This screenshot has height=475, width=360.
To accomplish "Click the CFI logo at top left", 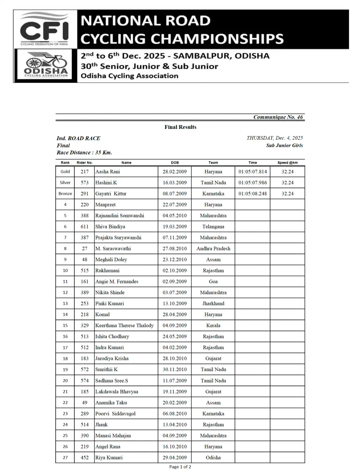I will coord(44,29).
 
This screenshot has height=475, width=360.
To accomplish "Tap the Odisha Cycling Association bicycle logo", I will coord(46,66).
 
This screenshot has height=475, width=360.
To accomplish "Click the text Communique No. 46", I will coord(278,117).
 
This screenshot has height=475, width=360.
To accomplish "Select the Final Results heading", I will coord(180,127).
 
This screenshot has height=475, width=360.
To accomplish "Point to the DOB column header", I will coord(175,162).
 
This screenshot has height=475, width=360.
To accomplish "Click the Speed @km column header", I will coord(287,162).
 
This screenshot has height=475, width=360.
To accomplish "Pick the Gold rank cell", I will coord(65,172).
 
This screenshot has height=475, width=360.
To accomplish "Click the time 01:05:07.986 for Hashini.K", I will coord(252,183).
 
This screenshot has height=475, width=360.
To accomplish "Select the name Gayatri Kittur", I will coord(111,193).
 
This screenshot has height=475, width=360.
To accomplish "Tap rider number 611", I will coord(85,226).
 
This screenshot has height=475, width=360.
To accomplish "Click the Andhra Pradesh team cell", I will coord(213,249).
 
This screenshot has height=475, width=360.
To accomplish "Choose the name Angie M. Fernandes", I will coord(117,282).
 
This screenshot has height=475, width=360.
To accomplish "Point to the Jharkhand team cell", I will coord(213,303).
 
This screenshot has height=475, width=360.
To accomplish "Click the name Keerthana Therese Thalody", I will coord(124,326).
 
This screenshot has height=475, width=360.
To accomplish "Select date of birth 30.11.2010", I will coord(174,369).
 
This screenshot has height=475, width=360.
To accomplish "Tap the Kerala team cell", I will coord(213,326).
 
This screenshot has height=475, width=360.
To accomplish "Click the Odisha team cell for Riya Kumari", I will coord(213,457).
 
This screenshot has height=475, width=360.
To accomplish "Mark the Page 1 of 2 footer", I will coord(180,467).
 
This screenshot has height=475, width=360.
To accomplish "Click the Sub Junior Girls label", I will coord(284,145).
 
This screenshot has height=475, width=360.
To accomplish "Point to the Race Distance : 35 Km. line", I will coord(84,152).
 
